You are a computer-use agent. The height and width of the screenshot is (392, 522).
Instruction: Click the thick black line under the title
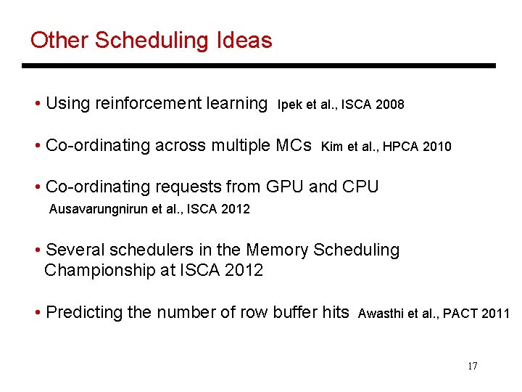tap(259, 66)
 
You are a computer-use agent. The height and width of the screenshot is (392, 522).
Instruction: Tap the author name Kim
tap(331, 147)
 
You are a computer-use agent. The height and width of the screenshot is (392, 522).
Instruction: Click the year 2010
tap(436, 147)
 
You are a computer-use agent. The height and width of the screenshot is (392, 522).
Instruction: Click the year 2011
tap(496, 314)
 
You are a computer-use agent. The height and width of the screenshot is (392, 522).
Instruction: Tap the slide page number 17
tap(473, 366)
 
